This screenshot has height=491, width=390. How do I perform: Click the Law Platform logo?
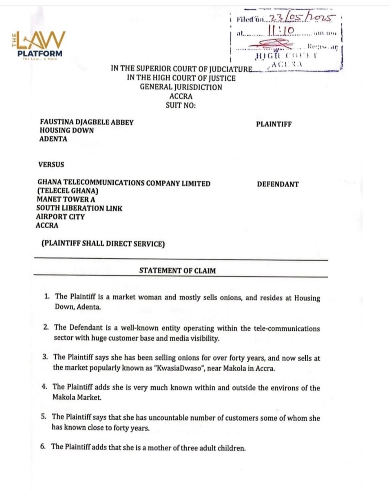point(38,45)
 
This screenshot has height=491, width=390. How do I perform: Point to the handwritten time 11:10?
point(281,31)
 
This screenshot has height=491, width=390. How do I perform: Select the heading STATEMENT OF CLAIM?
point(177,270)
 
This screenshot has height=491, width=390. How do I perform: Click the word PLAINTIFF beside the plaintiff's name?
point(274,124)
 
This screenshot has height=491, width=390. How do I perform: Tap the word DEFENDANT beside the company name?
point(278,184)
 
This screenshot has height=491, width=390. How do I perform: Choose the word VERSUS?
point(51,165)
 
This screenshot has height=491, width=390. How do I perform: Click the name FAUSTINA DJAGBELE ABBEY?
point(86,122)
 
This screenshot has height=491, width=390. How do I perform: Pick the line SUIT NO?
point(180,105)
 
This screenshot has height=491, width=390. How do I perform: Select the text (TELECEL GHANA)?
point(68,191)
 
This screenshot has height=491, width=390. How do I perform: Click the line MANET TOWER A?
point(66,199)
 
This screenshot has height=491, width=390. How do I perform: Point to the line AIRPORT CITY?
point(60,217)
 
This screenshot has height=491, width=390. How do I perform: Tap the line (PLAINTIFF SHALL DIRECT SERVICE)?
point(103,244)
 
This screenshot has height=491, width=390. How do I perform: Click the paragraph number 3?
point(45,357)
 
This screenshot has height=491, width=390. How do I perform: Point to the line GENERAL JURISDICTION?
point(181,87)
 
